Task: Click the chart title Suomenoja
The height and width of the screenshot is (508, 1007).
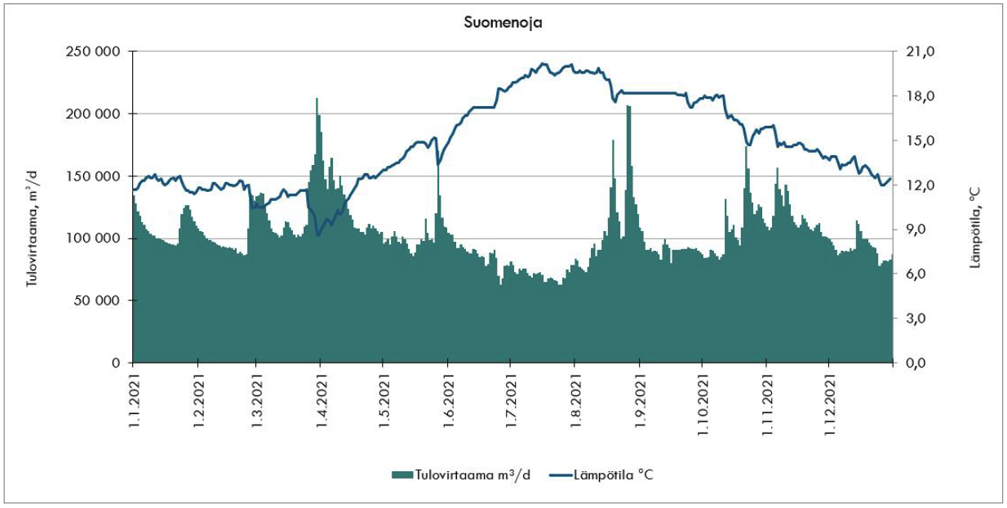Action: [x=503, y=23]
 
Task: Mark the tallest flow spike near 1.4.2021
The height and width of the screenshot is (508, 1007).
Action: [x=317, y=100]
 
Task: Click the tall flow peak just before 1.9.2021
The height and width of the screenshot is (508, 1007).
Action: [x=628, y=107]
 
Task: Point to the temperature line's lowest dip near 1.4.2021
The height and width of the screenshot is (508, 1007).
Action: [x=317, y=235]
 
